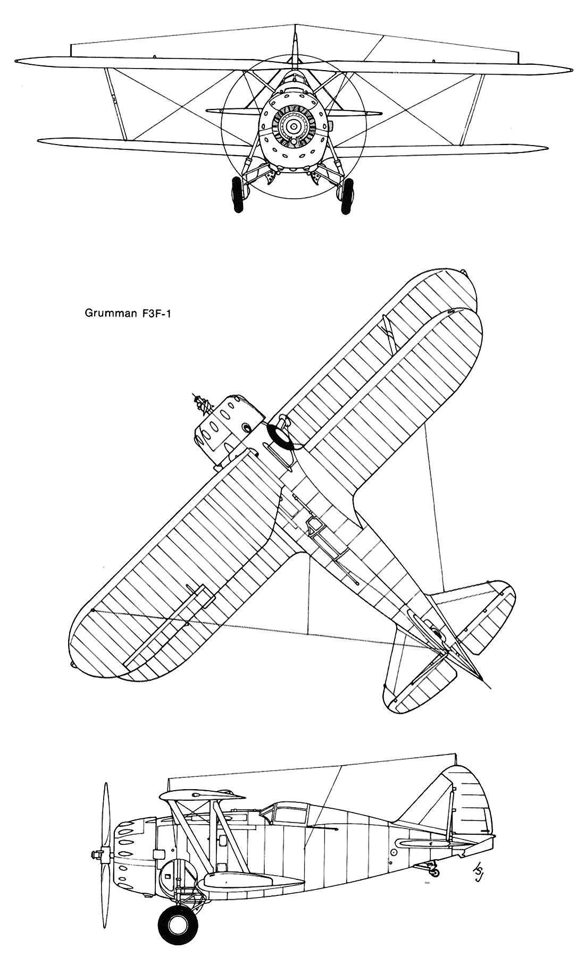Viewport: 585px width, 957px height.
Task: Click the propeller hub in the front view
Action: tap(292, 126)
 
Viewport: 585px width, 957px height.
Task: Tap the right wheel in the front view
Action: tap(348, 196)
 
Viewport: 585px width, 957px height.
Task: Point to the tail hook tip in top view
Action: tap(490, 690)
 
